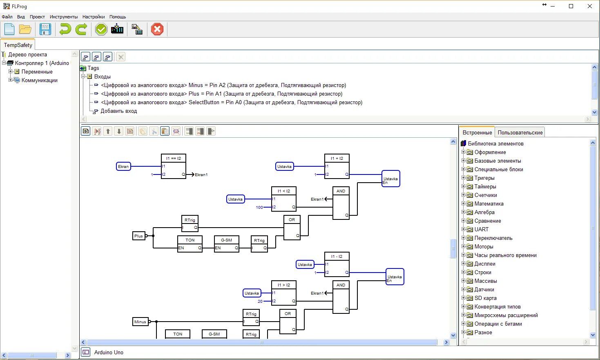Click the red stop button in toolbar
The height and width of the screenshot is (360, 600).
pos(157,29)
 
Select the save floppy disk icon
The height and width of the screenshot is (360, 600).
pos(45,29)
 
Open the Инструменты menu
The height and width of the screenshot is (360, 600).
pos(63,17)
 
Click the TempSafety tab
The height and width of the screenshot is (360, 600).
pos(18,45)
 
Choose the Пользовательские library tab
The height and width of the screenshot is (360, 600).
pos(520,132)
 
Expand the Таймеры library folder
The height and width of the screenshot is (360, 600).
pos(464,186)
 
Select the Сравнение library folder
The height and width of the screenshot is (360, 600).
pos(487,221)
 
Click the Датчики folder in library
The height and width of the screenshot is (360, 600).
pos(484,289)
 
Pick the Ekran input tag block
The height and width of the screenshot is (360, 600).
pos(123,166)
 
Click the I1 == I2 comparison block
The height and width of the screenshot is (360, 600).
pos(174,166)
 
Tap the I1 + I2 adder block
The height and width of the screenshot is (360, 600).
pos(337,166)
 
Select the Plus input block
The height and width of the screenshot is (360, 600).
pos(139,236)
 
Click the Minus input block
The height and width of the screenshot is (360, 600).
pos(140,322)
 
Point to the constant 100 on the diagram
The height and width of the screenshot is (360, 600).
pos(259,207)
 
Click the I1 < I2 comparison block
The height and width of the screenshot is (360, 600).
pos(284,199)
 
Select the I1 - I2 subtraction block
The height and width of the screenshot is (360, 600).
pos(337,264)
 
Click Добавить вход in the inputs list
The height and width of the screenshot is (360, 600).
pos(118,111)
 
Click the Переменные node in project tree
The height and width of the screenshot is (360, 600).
pos(37,72)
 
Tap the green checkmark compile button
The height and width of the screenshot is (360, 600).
pos(101,29)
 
